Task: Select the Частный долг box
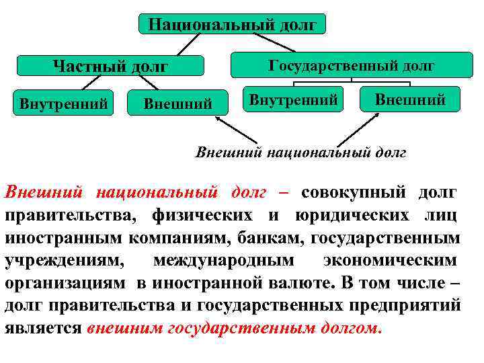110,66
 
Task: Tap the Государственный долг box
351,65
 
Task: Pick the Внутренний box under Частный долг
63,104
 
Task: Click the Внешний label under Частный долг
178,104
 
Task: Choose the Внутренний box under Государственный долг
293,100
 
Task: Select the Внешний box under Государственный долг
409,100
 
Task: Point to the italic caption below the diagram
300,153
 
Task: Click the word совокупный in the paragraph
354,193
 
